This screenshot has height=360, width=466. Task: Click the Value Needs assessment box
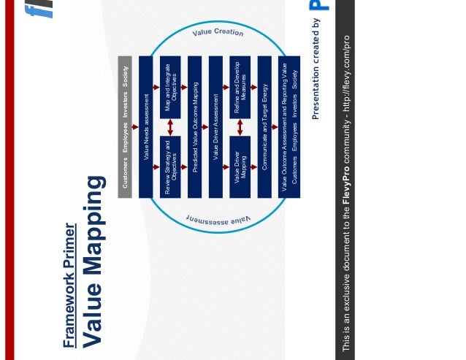pos(145,126)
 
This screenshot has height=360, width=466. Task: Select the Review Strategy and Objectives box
pos(169,166)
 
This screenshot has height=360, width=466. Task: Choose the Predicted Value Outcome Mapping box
pos(194,126)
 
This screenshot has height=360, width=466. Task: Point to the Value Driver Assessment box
pos(215,126)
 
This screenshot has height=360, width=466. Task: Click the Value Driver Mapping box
pos(240,166)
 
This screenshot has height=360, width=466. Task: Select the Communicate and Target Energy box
pos(264,126)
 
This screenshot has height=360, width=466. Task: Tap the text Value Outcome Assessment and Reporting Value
pos(284,126)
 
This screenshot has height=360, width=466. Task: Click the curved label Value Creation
pos(218,32)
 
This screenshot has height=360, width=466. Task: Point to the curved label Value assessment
pos(218,218)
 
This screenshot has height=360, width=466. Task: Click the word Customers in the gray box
pos(125,174)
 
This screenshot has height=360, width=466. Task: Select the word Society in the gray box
pos(125,77)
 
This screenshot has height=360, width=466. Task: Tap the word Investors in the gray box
pos(125,104)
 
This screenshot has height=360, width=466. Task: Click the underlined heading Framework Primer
pos(69,285)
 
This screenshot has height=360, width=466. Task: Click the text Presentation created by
pos(316,69)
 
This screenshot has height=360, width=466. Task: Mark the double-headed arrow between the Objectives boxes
pos(169,126)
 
